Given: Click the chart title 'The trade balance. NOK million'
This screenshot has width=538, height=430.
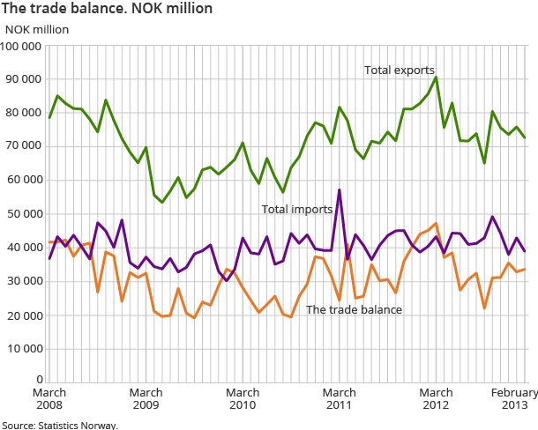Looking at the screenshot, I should (x=107, y=9).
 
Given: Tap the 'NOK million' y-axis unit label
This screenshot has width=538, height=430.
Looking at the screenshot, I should (x=40, y=28).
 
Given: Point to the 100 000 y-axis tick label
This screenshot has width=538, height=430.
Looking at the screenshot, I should (x=24, y=45).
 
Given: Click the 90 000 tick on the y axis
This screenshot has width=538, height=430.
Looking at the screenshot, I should (x=24, y=78).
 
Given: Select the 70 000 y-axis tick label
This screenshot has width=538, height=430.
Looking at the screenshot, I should (x=24, y=146).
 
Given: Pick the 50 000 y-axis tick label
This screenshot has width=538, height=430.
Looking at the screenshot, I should (x=24, y=214).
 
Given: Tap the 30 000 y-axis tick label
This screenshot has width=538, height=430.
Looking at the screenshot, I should (x=24, y=282).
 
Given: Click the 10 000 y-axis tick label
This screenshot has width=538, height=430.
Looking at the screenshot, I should (x=24, y=350).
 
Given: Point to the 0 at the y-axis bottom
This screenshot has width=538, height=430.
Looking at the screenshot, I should (x=39, y=380).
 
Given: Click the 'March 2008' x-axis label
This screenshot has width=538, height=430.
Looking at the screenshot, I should (x=49, y=398).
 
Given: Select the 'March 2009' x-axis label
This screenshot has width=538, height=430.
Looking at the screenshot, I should (x=146, y=398).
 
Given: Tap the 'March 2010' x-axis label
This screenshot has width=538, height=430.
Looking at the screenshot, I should (x=243, y=398).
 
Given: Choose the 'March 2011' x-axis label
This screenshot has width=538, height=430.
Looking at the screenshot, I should (x=340, y=398).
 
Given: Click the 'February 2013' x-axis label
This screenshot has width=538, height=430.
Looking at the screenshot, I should (x=509, y=398).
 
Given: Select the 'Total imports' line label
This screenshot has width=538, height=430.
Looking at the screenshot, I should (x=296, y=209).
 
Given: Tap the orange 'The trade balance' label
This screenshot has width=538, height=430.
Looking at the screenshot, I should (x=354, y=309).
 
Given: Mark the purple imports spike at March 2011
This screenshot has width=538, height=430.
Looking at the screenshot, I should (x=340, y=189).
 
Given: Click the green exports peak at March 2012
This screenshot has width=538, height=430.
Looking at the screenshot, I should (x=436, y=77).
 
